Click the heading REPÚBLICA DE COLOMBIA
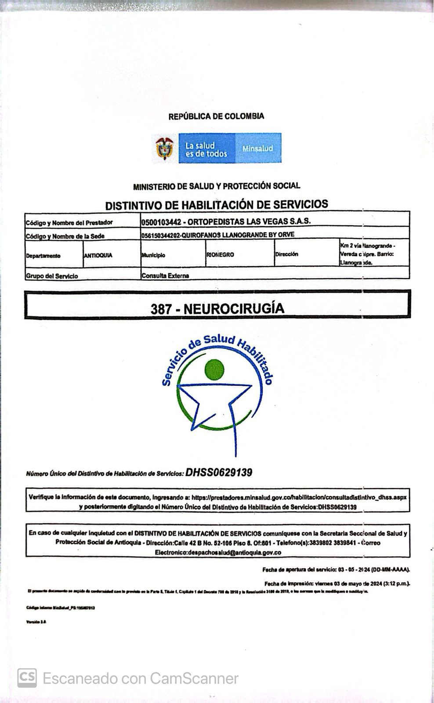tap(216, 116)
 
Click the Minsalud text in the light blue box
tap(258, 149)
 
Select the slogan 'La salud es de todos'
tap(206, 149)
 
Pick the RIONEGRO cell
tap(220, 254)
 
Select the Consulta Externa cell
tap(165, 275)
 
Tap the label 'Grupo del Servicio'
tap(52, 276)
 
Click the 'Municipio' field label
tap(153, 255)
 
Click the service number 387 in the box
tap(161, 309)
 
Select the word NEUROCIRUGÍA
tap(234, 308)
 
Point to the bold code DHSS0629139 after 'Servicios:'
tap(219, 473)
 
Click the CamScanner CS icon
tap(27, 678)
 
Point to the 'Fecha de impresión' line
tap(337, 583)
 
